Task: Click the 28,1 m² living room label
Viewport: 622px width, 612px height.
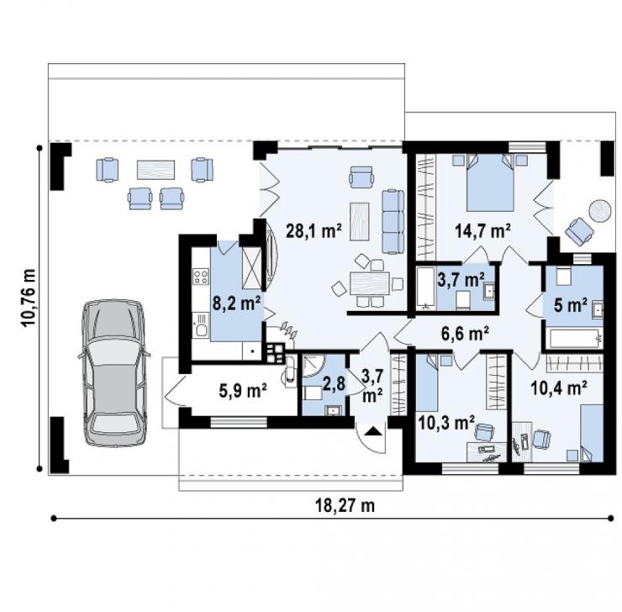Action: pyautogui.click(x=314, y=230)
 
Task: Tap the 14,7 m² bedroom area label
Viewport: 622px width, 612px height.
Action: pyautogui.click(x=482, y=230)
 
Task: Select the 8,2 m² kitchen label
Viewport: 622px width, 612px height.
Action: pyautogui.click(x=236, y=303)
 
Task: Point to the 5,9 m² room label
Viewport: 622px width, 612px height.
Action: pyautogui.click(x=243, y=391)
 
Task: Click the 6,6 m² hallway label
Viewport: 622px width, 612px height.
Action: pyautogui.click(x=465, y=333)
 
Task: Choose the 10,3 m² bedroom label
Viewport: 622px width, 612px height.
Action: pyautogui.click(x=446, y=423)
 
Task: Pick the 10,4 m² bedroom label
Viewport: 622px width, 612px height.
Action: pyautogui.click(x=559, y=388)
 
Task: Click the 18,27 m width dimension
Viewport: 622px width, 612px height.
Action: pyautogui.click(x=345, y=506)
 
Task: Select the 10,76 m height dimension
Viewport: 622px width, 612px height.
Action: pyautogui.click(x=29, y=298)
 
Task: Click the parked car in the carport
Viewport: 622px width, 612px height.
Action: pyautogui.click(x=113, y=373)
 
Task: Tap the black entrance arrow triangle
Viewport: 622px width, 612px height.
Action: pyautogui.click(x=372, y=431)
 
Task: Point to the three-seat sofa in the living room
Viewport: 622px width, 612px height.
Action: pyautogui.click(x=393, y=222)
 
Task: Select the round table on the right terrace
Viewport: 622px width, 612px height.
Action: pyautogui.click(x=600, y=211)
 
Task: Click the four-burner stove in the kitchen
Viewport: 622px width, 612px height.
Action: pyautogui.click(x=201, y=276)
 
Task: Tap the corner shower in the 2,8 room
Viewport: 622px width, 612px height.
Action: pyautogui.click(x=313, y=365)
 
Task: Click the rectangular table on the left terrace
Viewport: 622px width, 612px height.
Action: pyautogui.click(x=155, y=170)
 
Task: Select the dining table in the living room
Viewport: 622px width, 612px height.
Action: pyautogui.click(x=369, y=283)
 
